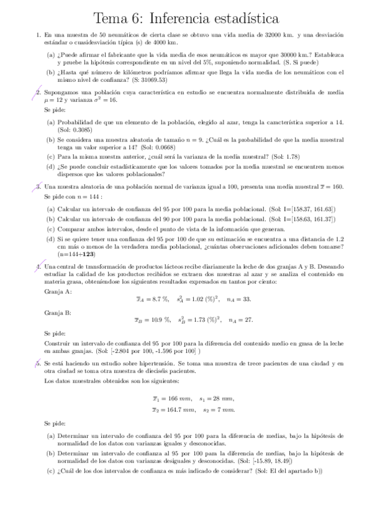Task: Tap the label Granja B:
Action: pyautogui.click(x=58, y=313)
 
